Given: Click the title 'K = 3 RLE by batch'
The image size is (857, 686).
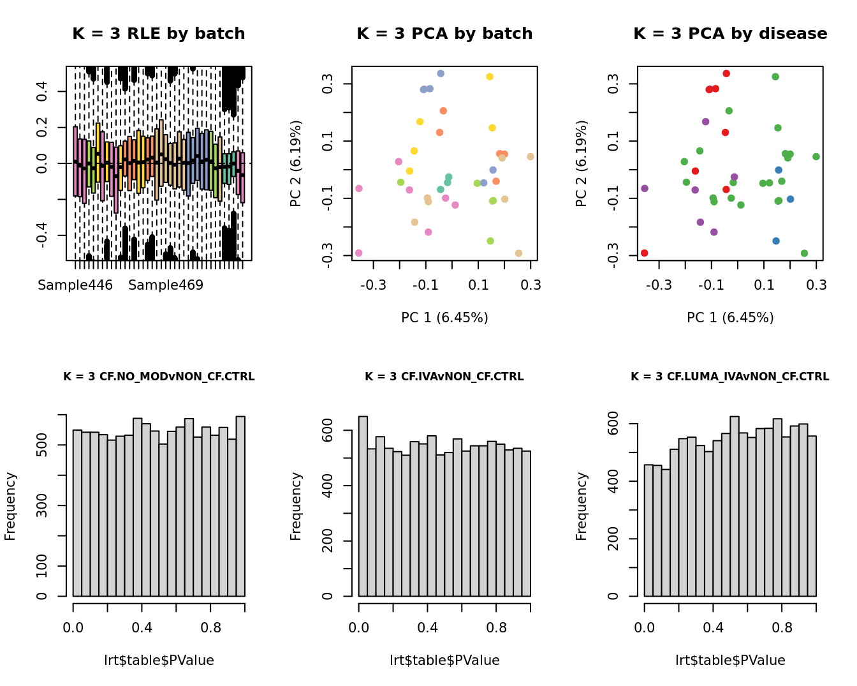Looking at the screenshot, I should [x=159, y=34].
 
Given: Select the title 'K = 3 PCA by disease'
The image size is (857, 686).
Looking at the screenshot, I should [x=730, y=34].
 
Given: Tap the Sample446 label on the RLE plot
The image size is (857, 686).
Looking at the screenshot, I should [x=75, y=285].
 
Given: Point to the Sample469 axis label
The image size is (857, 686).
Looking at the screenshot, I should [x=166, y=285].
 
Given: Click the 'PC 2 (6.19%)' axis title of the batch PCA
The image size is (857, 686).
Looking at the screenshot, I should [x=296, y=163].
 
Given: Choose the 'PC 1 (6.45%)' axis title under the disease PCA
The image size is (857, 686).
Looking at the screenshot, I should [x=730, y=318].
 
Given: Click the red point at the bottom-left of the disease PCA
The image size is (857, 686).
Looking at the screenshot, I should [x=645, y=253].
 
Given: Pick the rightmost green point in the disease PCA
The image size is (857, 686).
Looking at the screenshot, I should [x=816, y=156].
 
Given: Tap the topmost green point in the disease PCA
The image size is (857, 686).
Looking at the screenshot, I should [x=775, y=77].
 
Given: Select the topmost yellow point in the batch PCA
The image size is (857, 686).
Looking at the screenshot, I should [x=490, y=77].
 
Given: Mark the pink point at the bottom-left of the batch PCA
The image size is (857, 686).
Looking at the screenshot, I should [x=359, y=253].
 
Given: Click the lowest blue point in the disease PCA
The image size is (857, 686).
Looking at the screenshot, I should [x=776, y=241].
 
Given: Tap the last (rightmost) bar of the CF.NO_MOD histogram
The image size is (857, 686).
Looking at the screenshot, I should [x=240, y=506].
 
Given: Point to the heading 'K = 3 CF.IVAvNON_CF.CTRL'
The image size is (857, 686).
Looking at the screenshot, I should [x=444, y=377].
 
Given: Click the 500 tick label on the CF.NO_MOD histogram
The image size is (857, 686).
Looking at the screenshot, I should [x=42, y=445].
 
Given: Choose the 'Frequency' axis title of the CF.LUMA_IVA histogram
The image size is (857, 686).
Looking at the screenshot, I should [x=582, y=506].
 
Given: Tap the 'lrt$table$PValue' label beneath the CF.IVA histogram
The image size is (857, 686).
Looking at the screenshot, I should [x=444, y=660].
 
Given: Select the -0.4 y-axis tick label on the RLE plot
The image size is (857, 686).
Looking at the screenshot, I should [x=42, y=235].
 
